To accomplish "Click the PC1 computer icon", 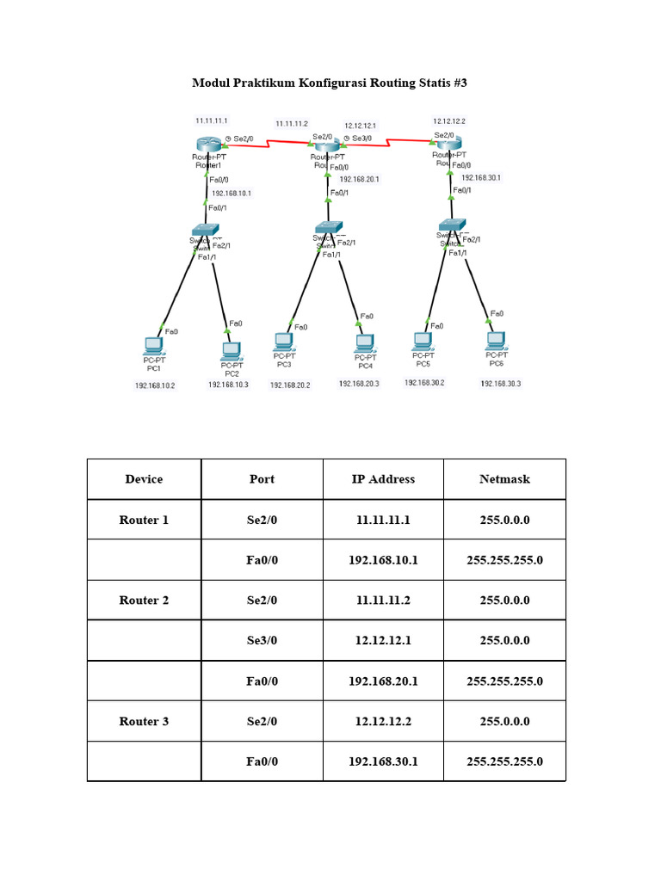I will [x=153, y=345].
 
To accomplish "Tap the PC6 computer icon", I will [x=496, y=342].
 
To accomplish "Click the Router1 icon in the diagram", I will [x=207, y=145].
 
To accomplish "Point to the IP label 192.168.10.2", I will [x=155, y=385].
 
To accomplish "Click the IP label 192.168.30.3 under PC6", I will [x=501, y=384].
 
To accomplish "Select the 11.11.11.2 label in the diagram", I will [x=292, y=124].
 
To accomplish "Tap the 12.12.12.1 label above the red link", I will [x=360, y=125].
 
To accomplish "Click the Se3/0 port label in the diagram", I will [x=361, y=138].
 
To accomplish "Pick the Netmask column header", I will [x=504, y=479].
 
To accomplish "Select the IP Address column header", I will [x=383, y=479].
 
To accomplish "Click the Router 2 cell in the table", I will [x=144, y=601].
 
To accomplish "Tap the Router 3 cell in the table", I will [x=144, y=721].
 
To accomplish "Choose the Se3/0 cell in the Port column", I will [x=262, y=641].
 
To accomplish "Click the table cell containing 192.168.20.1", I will [x=383, y=681].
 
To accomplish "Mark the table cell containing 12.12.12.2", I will [x=383, y=721].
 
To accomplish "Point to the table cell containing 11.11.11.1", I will [x=383, y=520].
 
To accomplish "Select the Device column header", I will [x=144, y=479].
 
